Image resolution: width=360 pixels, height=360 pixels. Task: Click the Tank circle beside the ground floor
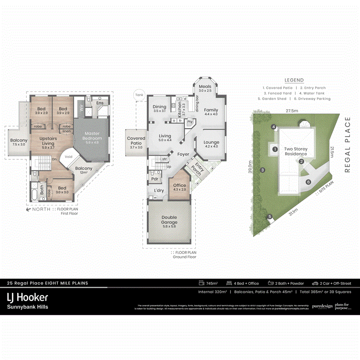pyautogui.click(x=139, y=95)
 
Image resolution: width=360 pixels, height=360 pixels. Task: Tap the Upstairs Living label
pyautogui.click(x=48, y=141)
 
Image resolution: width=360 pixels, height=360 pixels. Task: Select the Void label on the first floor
pyautogui.click(x=68, y=157)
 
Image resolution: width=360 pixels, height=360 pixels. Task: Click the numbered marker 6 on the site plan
pyautogui.click(x=308, y=182)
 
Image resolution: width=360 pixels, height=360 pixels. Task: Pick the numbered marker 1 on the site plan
pyautogui.click(x=275, y=149)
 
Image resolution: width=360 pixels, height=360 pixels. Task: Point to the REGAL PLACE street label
pyautogui.click(x=347, y=144)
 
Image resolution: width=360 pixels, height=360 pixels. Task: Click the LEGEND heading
pyautogui.click(x=294, y=80)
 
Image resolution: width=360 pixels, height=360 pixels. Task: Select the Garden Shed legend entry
pyautogui.click(x=274, y=99)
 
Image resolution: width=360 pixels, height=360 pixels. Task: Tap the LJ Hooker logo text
pyautogui.click(x=28, y=297)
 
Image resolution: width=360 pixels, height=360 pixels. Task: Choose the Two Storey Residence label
pyautogui.click(x=296, y=151)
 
